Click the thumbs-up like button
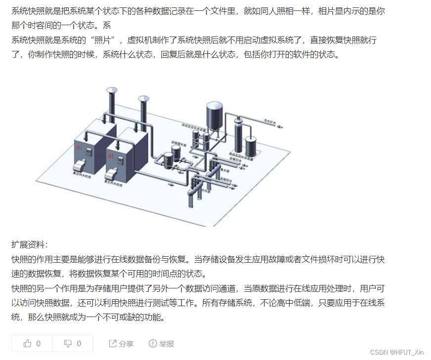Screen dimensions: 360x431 32,344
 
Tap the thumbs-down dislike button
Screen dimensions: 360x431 72,344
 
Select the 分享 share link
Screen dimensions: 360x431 121,344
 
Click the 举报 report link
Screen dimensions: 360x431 162,344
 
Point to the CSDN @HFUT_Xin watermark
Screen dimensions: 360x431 396,352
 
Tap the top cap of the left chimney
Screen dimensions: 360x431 111,90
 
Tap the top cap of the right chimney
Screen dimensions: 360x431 144,99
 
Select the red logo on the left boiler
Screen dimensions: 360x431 78,147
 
